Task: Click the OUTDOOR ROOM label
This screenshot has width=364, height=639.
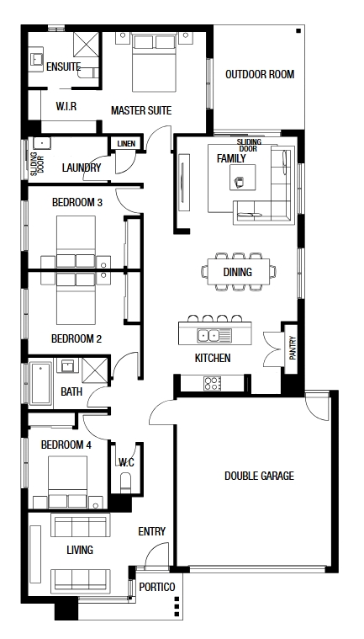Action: (x=260, y=75)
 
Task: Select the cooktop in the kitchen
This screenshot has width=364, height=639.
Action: (x=213, y=383)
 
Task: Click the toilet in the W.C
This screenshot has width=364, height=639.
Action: (x=126, y=483)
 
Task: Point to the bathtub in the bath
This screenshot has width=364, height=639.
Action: (x=40, y=383)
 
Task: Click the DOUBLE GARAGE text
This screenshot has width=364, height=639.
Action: (x=259, y=476)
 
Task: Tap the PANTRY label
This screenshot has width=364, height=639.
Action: (x=293, y=347)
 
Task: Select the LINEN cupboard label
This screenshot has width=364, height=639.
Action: (x=126, y=144)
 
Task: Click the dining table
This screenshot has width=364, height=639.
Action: (x=238, y=271)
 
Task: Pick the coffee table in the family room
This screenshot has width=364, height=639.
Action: (x=243, y=178)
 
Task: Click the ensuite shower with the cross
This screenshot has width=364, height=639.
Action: (x=86, y=45)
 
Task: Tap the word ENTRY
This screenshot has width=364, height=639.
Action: (x=151, y=531)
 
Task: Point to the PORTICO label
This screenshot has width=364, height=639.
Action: (x=157, y=587)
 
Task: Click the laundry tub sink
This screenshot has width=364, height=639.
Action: (x=42, y=143)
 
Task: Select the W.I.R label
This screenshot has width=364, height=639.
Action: (x=66, y=106)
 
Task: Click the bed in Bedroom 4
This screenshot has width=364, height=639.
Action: (x=67, y=482)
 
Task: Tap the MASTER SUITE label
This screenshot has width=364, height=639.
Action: (x=141, y=110)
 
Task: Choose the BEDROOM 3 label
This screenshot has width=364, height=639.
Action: (x=76, y=202)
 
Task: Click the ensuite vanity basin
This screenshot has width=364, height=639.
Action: (x=38, y=60)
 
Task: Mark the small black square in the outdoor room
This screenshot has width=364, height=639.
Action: (x=298, y=30)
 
